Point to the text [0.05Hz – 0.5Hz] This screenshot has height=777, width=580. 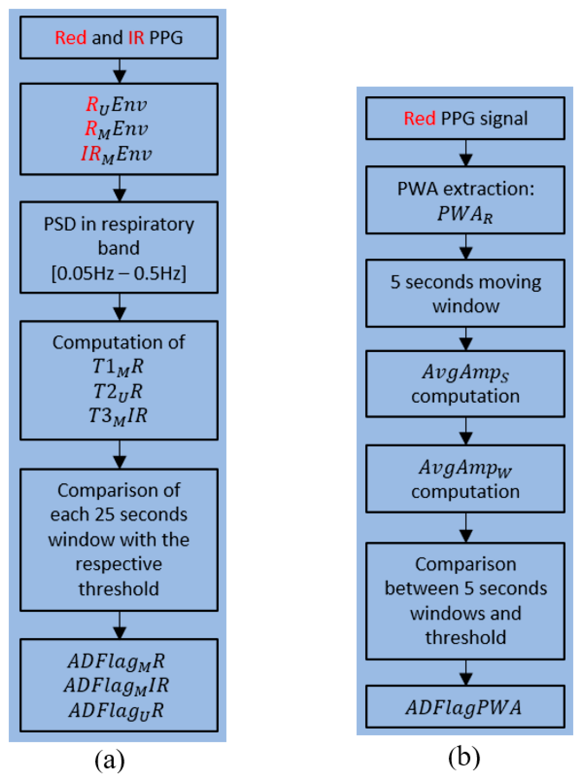click(x=119, y=273)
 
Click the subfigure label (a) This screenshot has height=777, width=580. click(x=110, y=760)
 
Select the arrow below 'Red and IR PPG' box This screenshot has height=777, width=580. click(x=120, y=71)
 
